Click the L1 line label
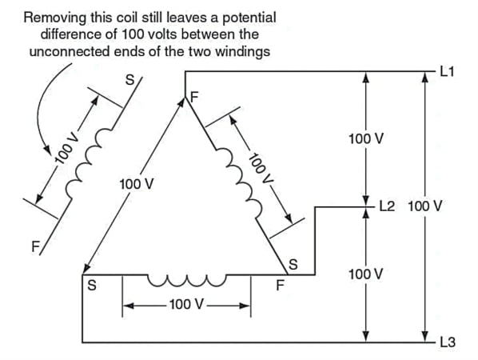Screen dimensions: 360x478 (x=447, y=72)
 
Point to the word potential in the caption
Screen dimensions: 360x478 (x=248, y=17)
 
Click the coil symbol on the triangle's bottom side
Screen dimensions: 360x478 (x=185, y=281)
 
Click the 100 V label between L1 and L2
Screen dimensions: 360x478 (x=366, y=139)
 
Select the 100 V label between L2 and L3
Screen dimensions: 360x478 (x=366, y=274)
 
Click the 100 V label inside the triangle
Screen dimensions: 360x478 (x=137, y=184)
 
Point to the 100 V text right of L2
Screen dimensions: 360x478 (x=424, y=206)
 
